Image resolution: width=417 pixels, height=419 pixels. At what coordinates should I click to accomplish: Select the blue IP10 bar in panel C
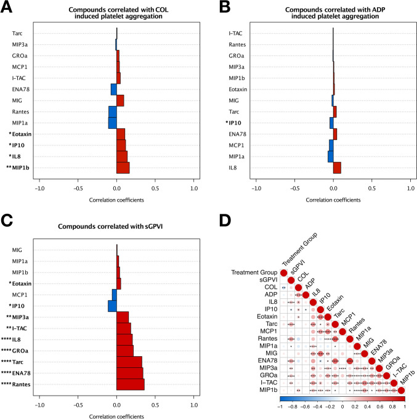(113, 306)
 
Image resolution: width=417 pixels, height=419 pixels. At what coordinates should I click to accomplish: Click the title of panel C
(116, 226)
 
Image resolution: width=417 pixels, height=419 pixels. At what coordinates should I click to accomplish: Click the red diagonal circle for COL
(299, 288)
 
